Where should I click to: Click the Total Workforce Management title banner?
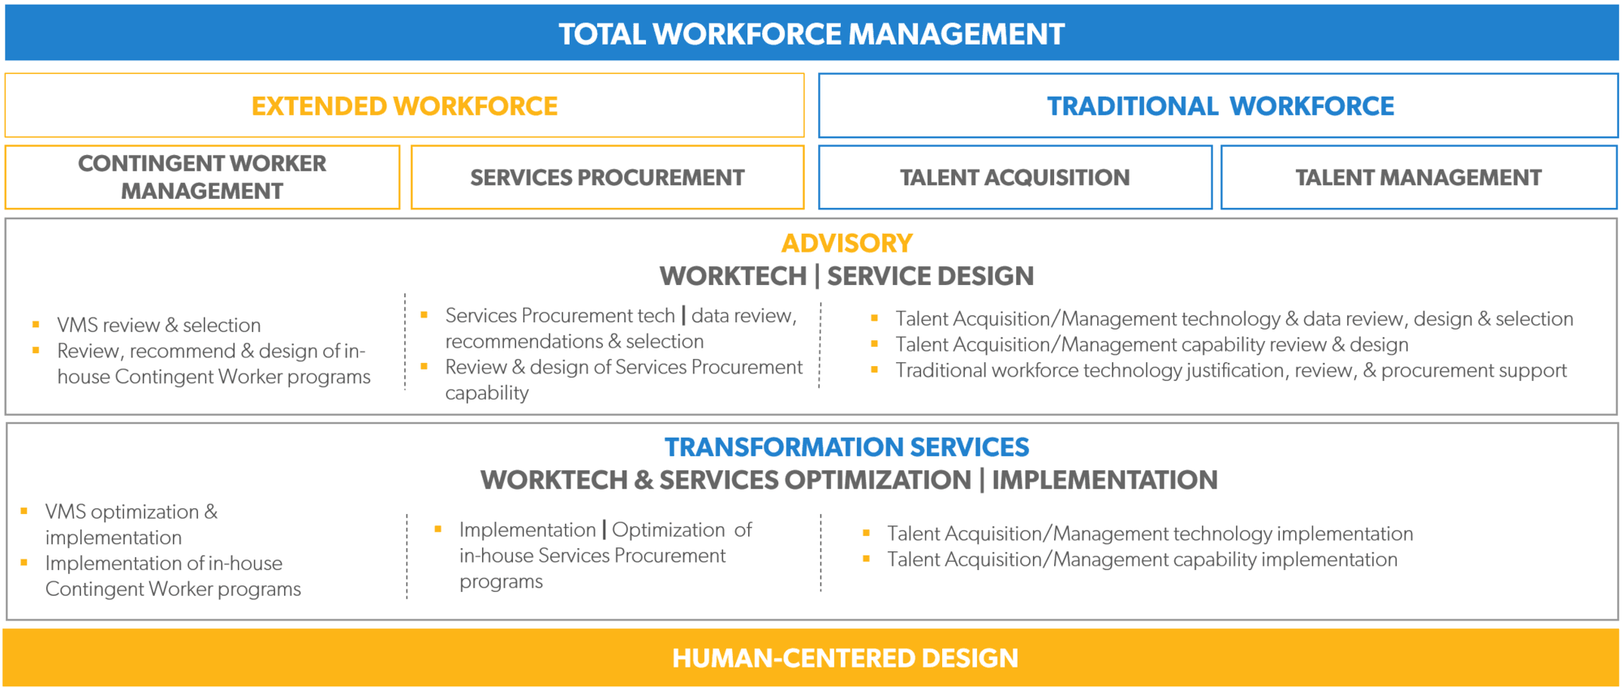tap(811, 33)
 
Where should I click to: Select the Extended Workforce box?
tap(404, 106)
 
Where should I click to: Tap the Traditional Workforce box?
tap(1218, 106)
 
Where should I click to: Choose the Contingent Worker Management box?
tap(202, 177)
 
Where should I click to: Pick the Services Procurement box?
tap(608, 177)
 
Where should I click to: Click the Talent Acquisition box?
tap(1015, 177)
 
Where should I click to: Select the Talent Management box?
tap(1419, 177)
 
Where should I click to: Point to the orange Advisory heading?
tap(846, 243)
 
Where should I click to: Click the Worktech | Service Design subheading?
tap(846, 276)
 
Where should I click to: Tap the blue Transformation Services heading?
tap(846, 447)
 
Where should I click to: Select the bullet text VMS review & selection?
tap(159, 325)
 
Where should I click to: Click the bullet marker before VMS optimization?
tap(24, 511)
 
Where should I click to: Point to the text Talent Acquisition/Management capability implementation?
tap(1142, 559)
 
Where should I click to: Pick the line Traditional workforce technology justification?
tap(1231, 370)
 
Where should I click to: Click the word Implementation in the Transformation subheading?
tap(1104, 480)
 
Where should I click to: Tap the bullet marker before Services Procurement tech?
tap(424, 314)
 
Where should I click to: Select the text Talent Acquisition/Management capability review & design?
tap(1152, 344)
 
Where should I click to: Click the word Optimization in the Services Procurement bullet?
tap(668, 529)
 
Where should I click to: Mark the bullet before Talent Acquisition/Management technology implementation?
tap(867, 533)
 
